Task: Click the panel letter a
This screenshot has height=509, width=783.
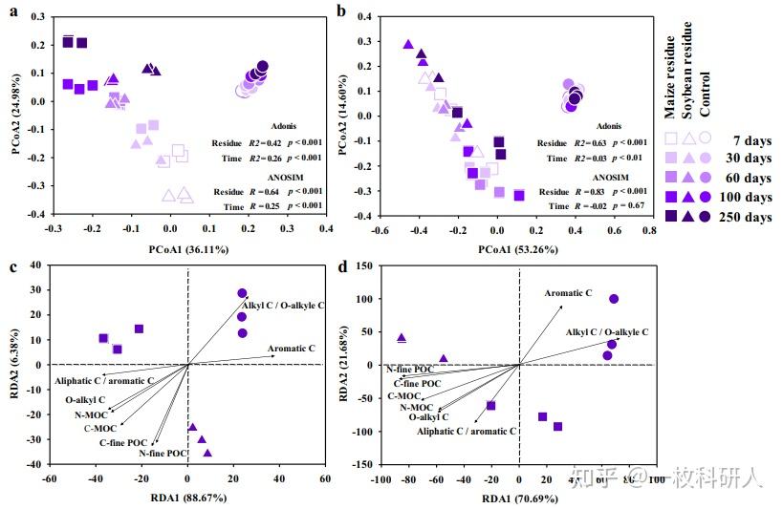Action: click(x=13, y=12)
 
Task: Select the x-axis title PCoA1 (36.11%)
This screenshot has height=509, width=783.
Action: click(x=187, y=249)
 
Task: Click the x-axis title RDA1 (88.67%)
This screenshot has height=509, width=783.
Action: click(x=187, y=498)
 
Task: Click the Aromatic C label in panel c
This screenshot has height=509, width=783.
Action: click(x=292, y=349)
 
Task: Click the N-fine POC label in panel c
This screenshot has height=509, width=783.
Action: click(x=159, y=453)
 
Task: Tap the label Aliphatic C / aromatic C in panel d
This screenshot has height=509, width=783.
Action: click(x=467, y=432)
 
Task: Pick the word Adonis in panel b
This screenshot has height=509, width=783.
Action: click(x=608, y=124)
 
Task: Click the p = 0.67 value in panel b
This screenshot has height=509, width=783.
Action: click(x=623, y=206)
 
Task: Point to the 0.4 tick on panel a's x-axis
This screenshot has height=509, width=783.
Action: click(x=326, y=230)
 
